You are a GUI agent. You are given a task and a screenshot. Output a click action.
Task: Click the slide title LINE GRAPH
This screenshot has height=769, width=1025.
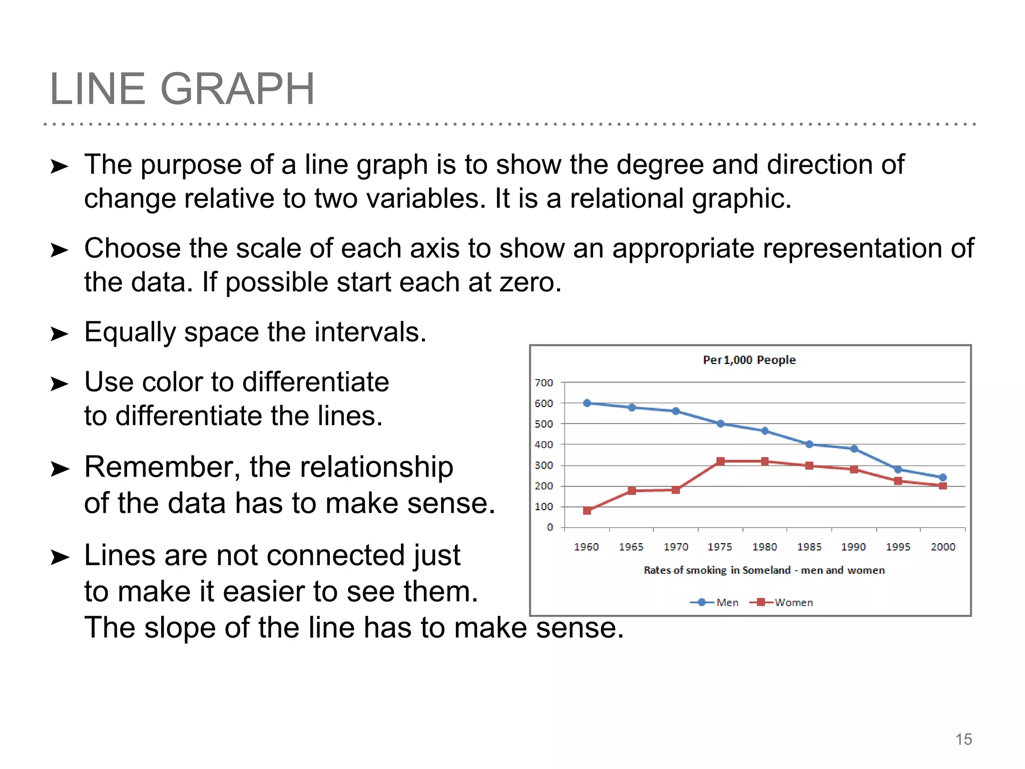click(x=182, y=89)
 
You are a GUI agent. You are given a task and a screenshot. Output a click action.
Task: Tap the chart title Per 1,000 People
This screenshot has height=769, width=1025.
click(x=749, y=360)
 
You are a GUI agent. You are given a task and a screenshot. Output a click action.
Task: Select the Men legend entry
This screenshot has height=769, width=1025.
click(x=727, y=602)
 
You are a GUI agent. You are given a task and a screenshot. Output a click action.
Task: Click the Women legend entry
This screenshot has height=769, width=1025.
click(x=793, y=602)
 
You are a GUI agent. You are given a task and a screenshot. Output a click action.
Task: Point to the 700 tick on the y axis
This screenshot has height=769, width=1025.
click(x=544, y=383)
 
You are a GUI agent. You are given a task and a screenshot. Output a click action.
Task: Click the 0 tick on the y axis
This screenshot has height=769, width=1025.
click(x=550, y=527)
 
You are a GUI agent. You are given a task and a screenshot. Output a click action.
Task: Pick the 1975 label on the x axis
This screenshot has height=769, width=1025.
click(x=720, y=547)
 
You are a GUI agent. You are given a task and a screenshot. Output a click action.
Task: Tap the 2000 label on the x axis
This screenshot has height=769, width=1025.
click(x=943, y=547)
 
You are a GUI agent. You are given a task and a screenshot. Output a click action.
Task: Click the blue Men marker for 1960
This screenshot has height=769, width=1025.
click(x=587, y=403)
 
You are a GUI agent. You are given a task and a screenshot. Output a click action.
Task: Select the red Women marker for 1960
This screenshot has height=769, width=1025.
click(x=587, y=511)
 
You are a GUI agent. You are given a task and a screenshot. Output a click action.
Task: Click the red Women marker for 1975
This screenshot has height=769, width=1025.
click(x=720, y=461)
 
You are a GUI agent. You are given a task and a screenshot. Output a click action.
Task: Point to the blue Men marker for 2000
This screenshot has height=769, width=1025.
click(x=943, y=478)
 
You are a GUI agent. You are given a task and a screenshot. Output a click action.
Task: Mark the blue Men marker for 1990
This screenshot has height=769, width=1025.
click(x=854, y=449)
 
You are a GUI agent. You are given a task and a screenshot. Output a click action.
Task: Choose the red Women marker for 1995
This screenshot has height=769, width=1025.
click(x=898, y=481)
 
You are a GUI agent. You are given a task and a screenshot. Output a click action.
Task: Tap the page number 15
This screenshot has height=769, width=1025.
click(x=963, y=739)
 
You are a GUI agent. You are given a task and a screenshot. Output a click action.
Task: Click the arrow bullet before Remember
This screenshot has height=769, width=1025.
click(x=60, y=469)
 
